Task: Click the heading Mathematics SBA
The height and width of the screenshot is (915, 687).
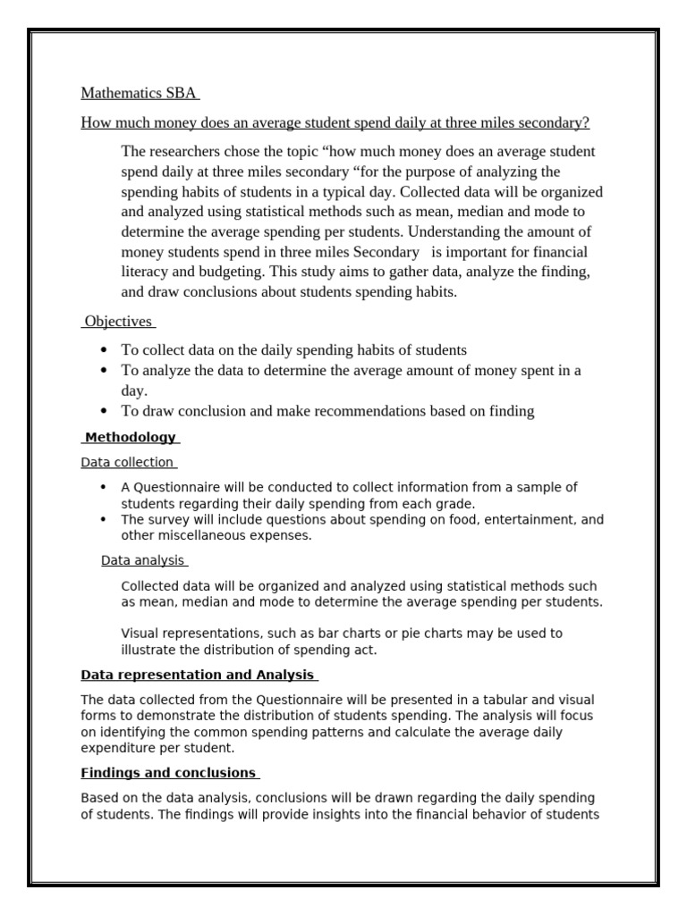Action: point(139,93)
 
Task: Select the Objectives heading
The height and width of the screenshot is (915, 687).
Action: point(118,321)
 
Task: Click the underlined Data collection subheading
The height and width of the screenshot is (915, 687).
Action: point(127,462)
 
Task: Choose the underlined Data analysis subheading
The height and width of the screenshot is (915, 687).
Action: point(142,560)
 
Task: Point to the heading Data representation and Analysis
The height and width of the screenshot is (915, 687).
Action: point(198,675)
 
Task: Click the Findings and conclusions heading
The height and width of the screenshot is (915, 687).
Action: point(168,773)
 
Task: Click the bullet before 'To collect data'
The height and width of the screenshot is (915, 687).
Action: point(105,351)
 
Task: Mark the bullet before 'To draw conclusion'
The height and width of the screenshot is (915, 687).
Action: point(105,412)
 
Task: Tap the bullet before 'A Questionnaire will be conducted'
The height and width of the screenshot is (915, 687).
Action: point(105,487)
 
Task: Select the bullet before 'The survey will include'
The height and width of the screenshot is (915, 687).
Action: point(105,520)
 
